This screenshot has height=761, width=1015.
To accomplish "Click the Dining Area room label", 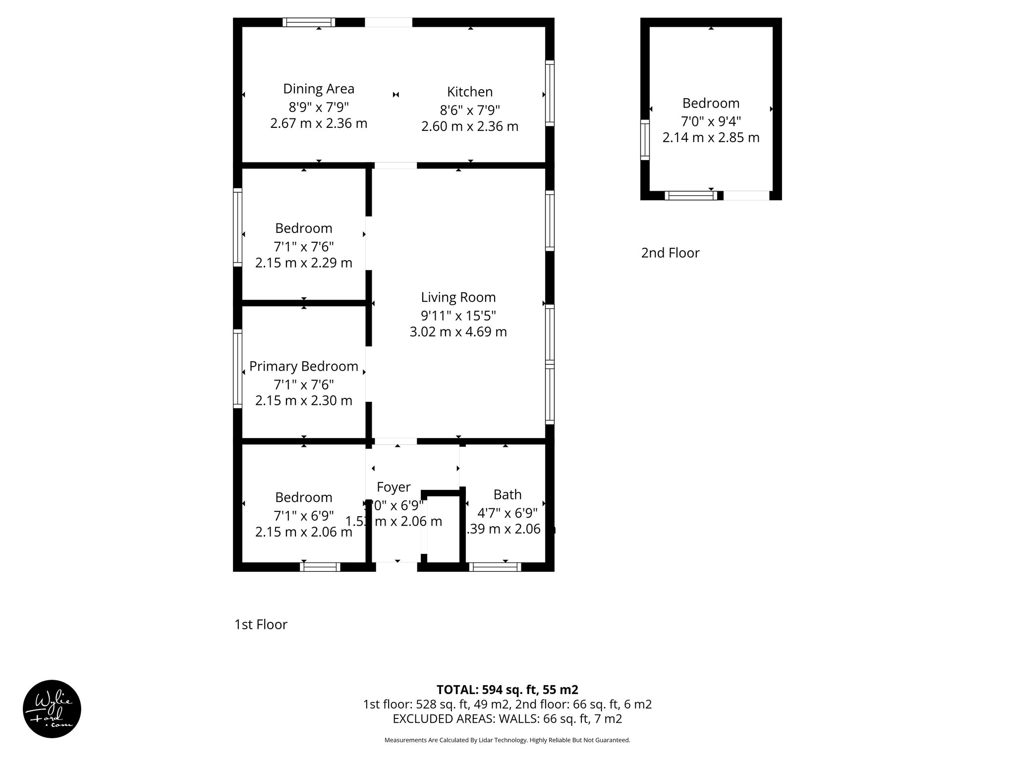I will (319, 89).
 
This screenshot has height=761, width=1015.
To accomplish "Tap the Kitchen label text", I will (470, 92).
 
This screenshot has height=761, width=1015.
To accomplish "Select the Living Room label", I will (458, 297).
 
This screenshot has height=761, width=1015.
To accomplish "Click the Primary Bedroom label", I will (303, 366).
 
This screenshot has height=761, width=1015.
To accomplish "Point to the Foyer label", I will (394, 487).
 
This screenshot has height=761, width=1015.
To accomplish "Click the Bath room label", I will (507, 494).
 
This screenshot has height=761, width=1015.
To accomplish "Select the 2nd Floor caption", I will (670, 253).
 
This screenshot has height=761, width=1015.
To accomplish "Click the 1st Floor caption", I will (261, 624).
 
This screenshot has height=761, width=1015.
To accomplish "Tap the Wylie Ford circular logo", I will (52, 709).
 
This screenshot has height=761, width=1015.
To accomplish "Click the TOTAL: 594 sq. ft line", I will (507, 690).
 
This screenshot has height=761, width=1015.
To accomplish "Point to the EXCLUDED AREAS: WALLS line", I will (507, 718).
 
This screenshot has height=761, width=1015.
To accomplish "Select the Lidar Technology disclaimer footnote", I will (507, 740).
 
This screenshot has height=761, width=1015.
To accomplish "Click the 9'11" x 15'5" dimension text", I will (458, 315).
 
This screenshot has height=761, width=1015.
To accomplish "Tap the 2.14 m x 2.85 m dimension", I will (711, 138).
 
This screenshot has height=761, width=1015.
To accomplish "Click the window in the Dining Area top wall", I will (309, 22).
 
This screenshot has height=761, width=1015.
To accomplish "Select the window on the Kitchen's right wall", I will (550, 93).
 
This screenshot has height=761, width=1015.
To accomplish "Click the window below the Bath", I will (495, 567).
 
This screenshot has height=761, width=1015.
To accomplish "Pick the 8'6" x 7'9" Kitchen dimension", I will (470, 109).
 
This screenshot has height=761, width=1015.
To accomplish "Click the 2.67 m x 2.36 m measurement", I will (319, 123).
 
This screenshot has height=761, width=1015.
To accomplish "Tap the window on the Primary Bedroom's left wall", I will (238, 369).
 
